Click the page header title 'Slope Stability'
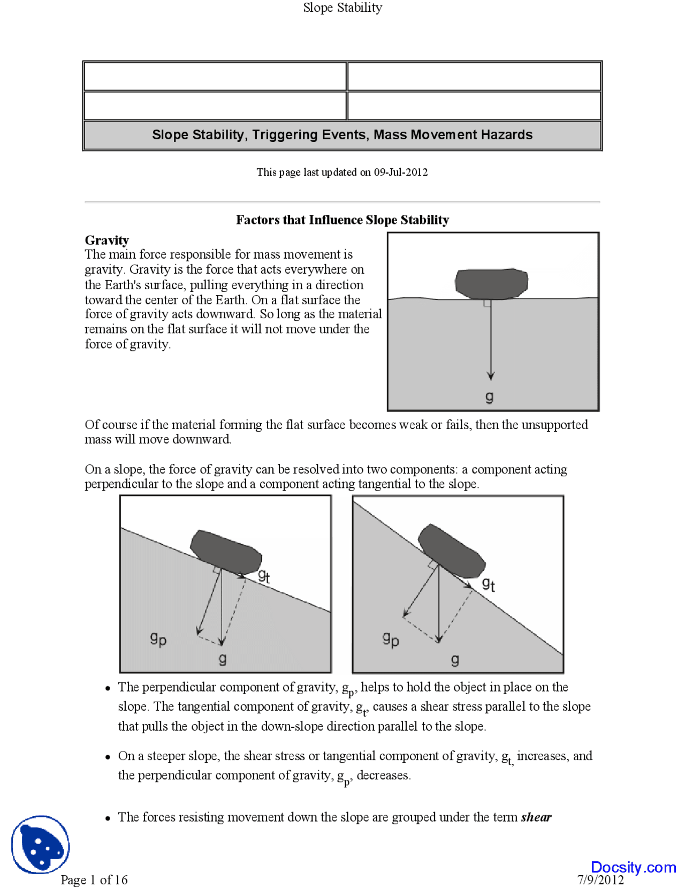click(x=342, y=7)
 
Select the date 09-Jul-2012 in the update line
click(x=400, y=172)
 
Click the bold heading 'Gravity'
click(x=106, y=240)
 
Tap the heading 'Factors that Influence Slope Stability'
click(x=342, y=220)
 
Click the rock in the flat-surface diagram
click(x=491, y=283)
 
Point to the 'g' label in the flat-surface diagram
click(x=489, y=397)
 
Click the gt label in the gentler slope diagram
click(x=264, y=576)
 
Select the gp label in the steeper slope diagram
click(x=391, y=640)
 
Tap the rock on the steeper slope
click(x=451, y=551)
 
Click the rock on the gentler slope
click(x=226, y=552)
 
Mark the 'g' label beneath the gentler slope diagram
click(x=223, y=658)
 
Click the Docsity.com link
click(x=633, y=867)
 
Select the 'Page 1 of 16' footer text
click(x=94, y=880)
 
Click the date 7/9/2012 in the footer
click(x=600, y=880)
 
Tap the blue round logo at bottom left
click(x=41, y=845)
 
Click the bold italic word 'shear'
click(x=536, y=817)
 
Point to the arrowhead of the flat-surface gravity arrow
click(x=491, y=376)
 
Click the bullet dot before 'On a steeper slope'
click(x=108, y=757)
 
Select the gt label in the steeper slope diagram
click(x=488, y=584)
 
